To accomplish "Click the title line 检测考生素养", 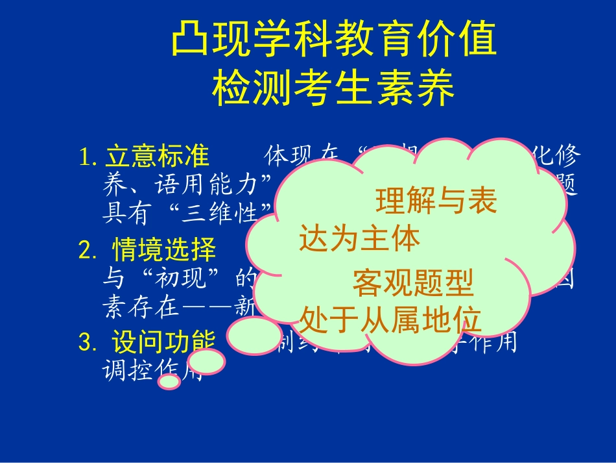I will click(x=333, y=90).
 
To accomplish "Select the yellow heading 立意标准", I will click(x=157, y=156).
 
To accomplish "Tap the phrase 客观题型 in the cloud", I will click(x=412, y=283).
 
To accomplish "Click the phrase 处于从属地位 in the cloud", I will click(x=390, y=319).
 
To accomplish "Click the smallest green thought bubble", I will click(x=169, y=382).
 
